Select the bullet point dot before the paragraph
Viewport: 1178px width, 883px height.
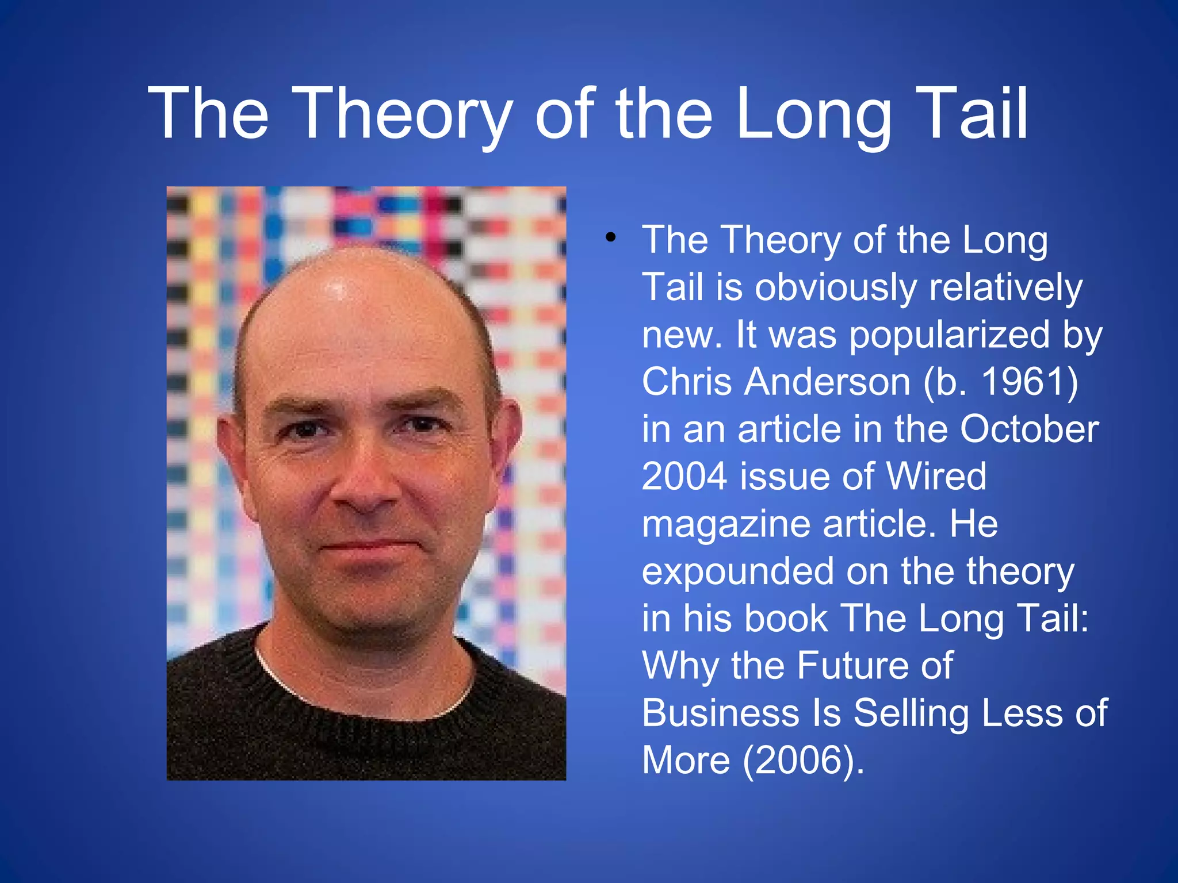[610, 237]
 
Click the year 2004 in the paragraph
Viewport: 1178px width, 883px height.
[684, 476]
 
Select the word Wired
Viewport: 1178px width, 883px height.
[936, 476]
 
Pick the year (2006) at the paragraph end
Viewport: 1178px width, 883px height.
[803, 760]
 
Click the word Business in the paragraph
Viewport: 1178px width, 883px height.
[720, 713]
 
